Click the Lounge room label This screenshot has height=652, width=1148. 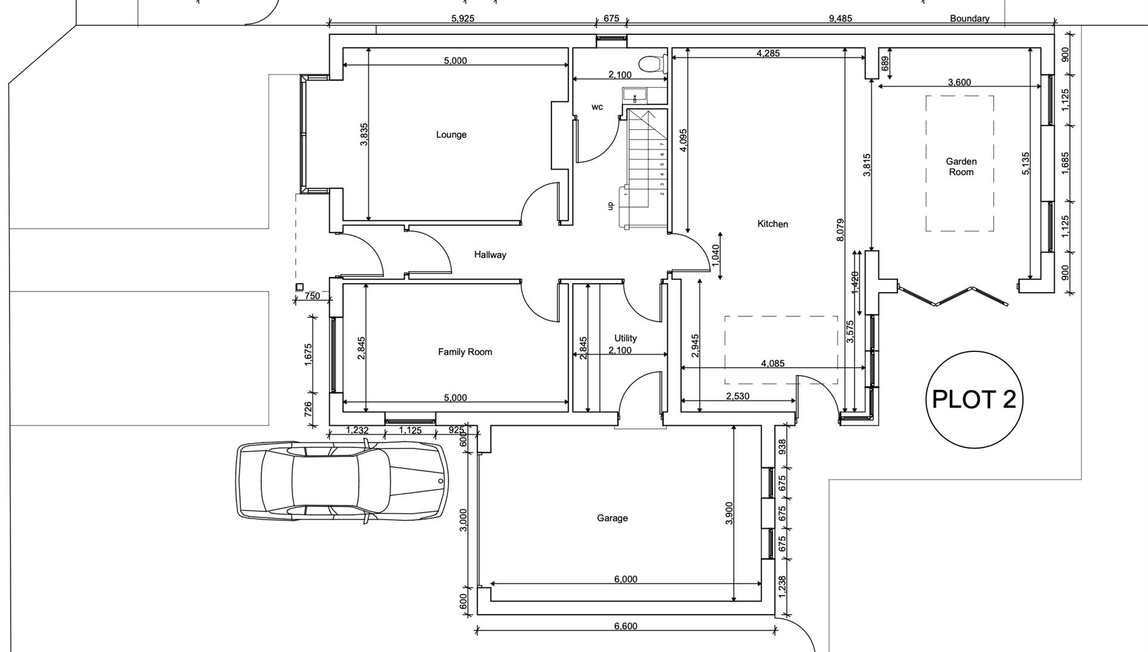click(451, 135)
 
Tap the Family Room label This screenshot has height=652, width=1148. click(465, 352)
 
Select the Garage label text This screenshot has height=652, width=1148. click(612, 518)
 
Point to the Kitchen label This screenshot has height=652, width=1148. click(772, 224)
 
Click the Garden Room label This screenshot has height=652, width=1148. click(961, 167)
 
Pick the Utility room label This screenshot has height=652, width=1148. click(626, 338)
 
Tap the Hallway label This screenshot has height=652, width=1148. click(490, 255)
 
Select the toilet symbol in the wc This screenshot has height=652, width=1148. click(652, 63)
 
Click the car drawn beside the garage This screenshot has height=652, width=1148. click(342, 481)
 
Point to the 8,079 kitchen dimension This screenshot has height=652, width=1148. click(841, 231)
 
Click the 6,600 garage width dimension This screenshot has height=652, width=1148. click(626, 626)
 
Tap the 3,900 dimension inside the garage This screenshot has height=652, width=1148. click(729, 513)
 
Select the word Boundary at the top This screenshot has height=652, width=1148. click(969, 19)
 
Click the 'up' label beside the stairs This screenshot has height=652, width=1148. click(610, 206)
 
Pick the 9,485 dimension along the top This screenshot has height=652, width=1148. click(840, 19)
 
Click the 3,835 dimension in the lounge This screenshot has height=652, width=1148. click(364, 135)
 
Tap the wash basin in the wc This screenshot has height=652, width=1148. click(635, 95)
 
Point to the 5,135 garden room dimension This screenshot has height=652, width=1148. click(1026, 164)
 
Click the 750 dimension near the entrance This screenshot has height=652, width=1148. click(312, 296)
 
